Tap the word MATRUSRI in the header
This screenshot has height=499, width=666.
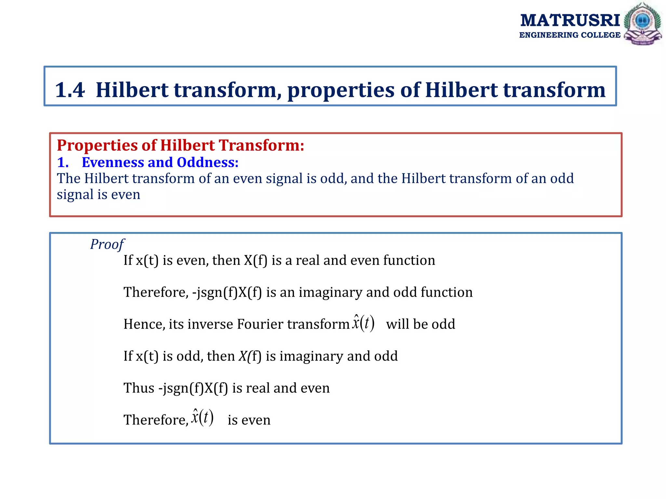coord(570,20)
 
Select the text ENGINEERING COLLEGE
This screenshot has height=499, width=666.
coord(570,35)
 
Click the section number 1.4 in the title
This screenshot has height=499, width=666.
coord(70,90)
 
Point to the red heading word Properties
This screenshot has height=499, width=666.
coord(97,145)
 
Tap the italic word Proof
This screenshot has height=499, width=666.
coord(107,244)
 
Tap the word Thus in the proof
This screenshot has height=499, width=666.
coord(139,388)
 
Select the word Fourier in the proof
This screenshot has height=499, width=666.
coord(260,324)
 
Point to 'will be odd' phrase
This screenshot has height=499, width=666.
coord(420,324)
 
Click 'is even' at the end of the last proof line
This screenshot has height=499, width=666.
coord(249,420)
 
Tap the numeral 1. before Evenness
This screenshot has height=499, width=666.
coord(63,162)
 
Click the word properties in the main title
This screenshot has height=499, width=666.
coord(340,90)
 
